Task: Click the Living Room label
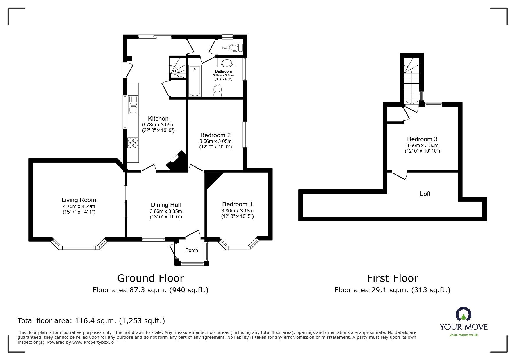point(79,200)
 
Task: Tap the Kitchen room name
point(158,119)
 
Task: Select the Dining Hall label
point(166,205)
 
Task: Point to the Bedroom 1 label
point(237,204)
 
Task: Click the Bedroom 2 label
point(215,135)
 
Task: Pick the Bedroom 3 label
point(422,139)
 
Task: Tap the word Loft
point(425,194)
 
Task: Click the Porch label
point(192,250)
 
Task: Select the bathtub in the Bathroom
point(195,81)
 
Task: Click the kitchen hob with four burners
point(133,143)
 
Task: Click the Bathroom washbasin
point(227,62)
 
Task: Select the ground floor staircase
point(178,68)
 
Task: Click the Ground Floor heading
point(151,278)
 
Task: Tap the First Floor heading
point(393,278)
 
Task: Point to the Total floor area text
point(91,321)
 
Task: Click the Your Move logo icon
point(464,314)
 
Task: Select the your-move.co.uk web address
point(464,335)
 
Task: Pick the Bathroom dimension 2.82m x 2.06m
point(223,75)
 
